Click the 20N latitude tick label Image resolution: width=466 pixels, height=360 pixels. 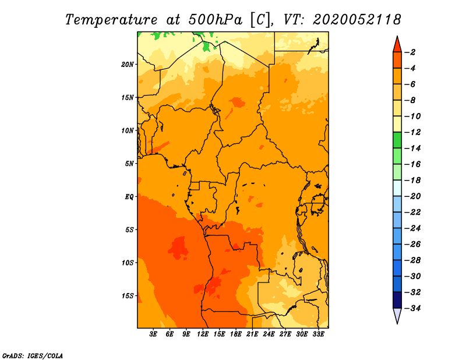[x=128, y=65]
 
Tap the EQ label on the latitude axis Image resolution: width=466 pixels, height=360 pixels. [x=129, y=197]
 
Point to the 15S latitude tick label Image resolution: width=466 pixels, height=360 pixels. [x=128, y=296]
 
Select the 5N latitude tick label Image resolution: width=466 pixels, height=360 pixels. [x=129, y=164]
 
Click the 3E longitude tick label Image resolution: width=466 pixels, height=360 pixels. [x=153, y=334]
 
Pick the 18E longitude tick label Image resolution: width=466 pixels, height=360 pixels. [x=236, y=334]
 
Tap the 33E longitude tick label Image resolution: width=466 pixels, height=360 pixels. [x=318, y=334]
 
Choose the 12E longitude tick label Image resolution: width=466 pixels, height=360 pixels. [x=203, y=334]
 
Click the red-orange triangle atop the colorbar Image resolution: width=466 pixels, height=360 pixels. [x=397, y=45]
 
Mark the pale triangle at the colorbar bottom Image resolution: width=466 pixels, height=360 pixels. [x=397, y=315]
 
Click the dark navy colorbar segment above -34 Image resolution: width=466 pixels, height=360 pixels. [x=397, y=300]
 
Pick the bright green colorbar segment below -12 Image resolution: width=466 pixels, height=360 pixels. [x=397, y=140]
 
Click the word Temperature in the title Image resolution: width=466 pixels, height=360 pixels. [x=111, y=20]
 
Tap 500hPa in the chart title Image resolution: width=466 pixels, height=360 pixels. [x=216, y=20]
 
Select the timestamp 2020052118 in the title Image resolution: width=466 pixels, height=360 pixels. [x=357, y=20]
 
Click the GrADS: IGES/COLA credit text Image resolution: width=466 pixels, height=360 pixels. [x=33, y=355]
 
